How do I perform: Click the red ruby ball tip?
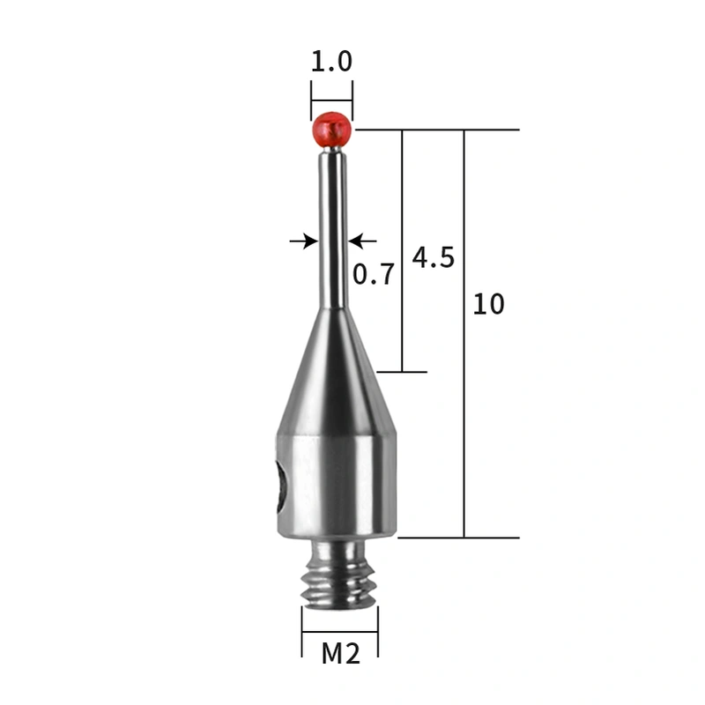coord(331,130)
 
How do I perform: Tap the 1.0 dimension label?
coord(331,62)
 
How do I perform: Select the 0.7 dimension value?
coord(374,274)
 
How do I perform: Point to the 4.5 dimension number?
coord(433,257)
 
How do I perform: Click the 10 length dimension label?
coord(489,305)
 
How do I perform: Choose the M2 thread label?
coord(340,654)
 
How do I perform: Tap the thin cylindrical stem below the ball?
coord(332,229)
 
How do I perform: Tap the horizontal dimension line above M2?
coord(340,632)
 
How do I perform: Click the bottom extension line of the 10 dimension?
coord(458,537)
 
